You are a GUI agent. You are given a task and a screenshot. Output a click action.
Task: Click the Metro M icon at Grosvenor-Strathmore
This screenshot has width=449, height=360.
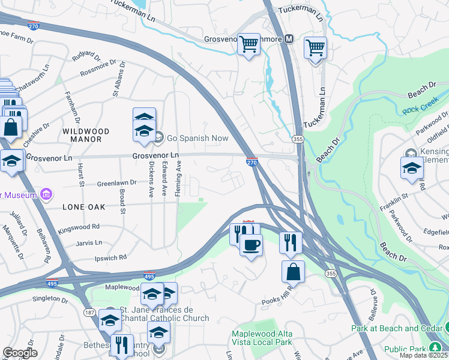point(289,39)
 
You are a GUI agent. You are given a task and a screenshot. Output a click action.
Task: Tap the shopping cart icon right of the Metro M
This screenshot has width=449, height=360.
point(315,47)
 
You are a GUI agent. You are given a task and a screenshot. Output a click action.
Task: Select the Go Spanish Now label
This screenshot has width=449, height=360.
point(197,138)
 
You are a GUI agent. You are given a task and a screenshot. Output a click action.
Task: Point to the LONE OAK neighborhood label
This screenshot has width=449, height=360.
point(83,207)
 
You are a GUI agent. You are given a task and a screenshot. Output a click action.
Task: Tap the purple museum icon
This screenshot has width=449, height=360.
point(46,194)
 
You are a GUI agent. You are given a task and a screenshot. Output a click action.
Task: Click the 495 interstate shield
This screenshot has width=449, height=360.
point(149,277)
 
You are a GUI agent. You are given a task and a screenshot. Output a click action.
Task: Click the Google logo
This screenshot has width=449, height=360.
point(20,353)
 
